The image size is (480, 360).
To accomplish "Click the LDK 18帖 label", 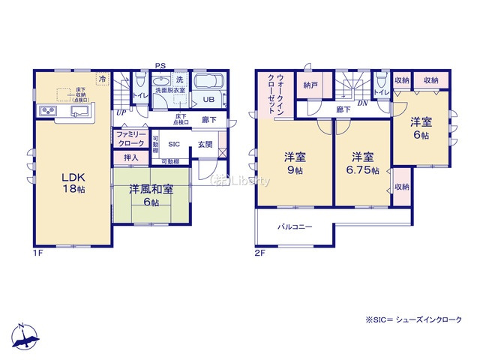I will point(73,182).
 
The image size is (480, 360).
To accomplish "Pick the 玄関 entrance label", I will point(205,144).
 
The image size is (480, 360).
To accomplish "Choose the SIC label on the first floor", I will point(174,144).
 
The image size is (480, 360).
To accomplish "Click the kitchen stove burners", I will point(47,112).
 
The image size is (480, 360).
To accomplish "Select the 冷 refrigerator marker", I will point(101,77).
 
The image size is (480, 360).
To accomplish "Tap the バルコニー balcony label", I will point(295,226).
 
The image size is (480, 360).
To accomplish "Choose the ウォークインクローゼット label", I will point(275,94).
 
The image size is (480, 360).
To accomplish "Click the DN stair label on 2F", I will point(361,103).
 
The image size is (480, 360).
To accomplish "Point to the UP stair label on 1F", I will point(120,112).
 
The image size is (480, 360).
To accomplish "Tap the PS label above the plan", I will point(160,66).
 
